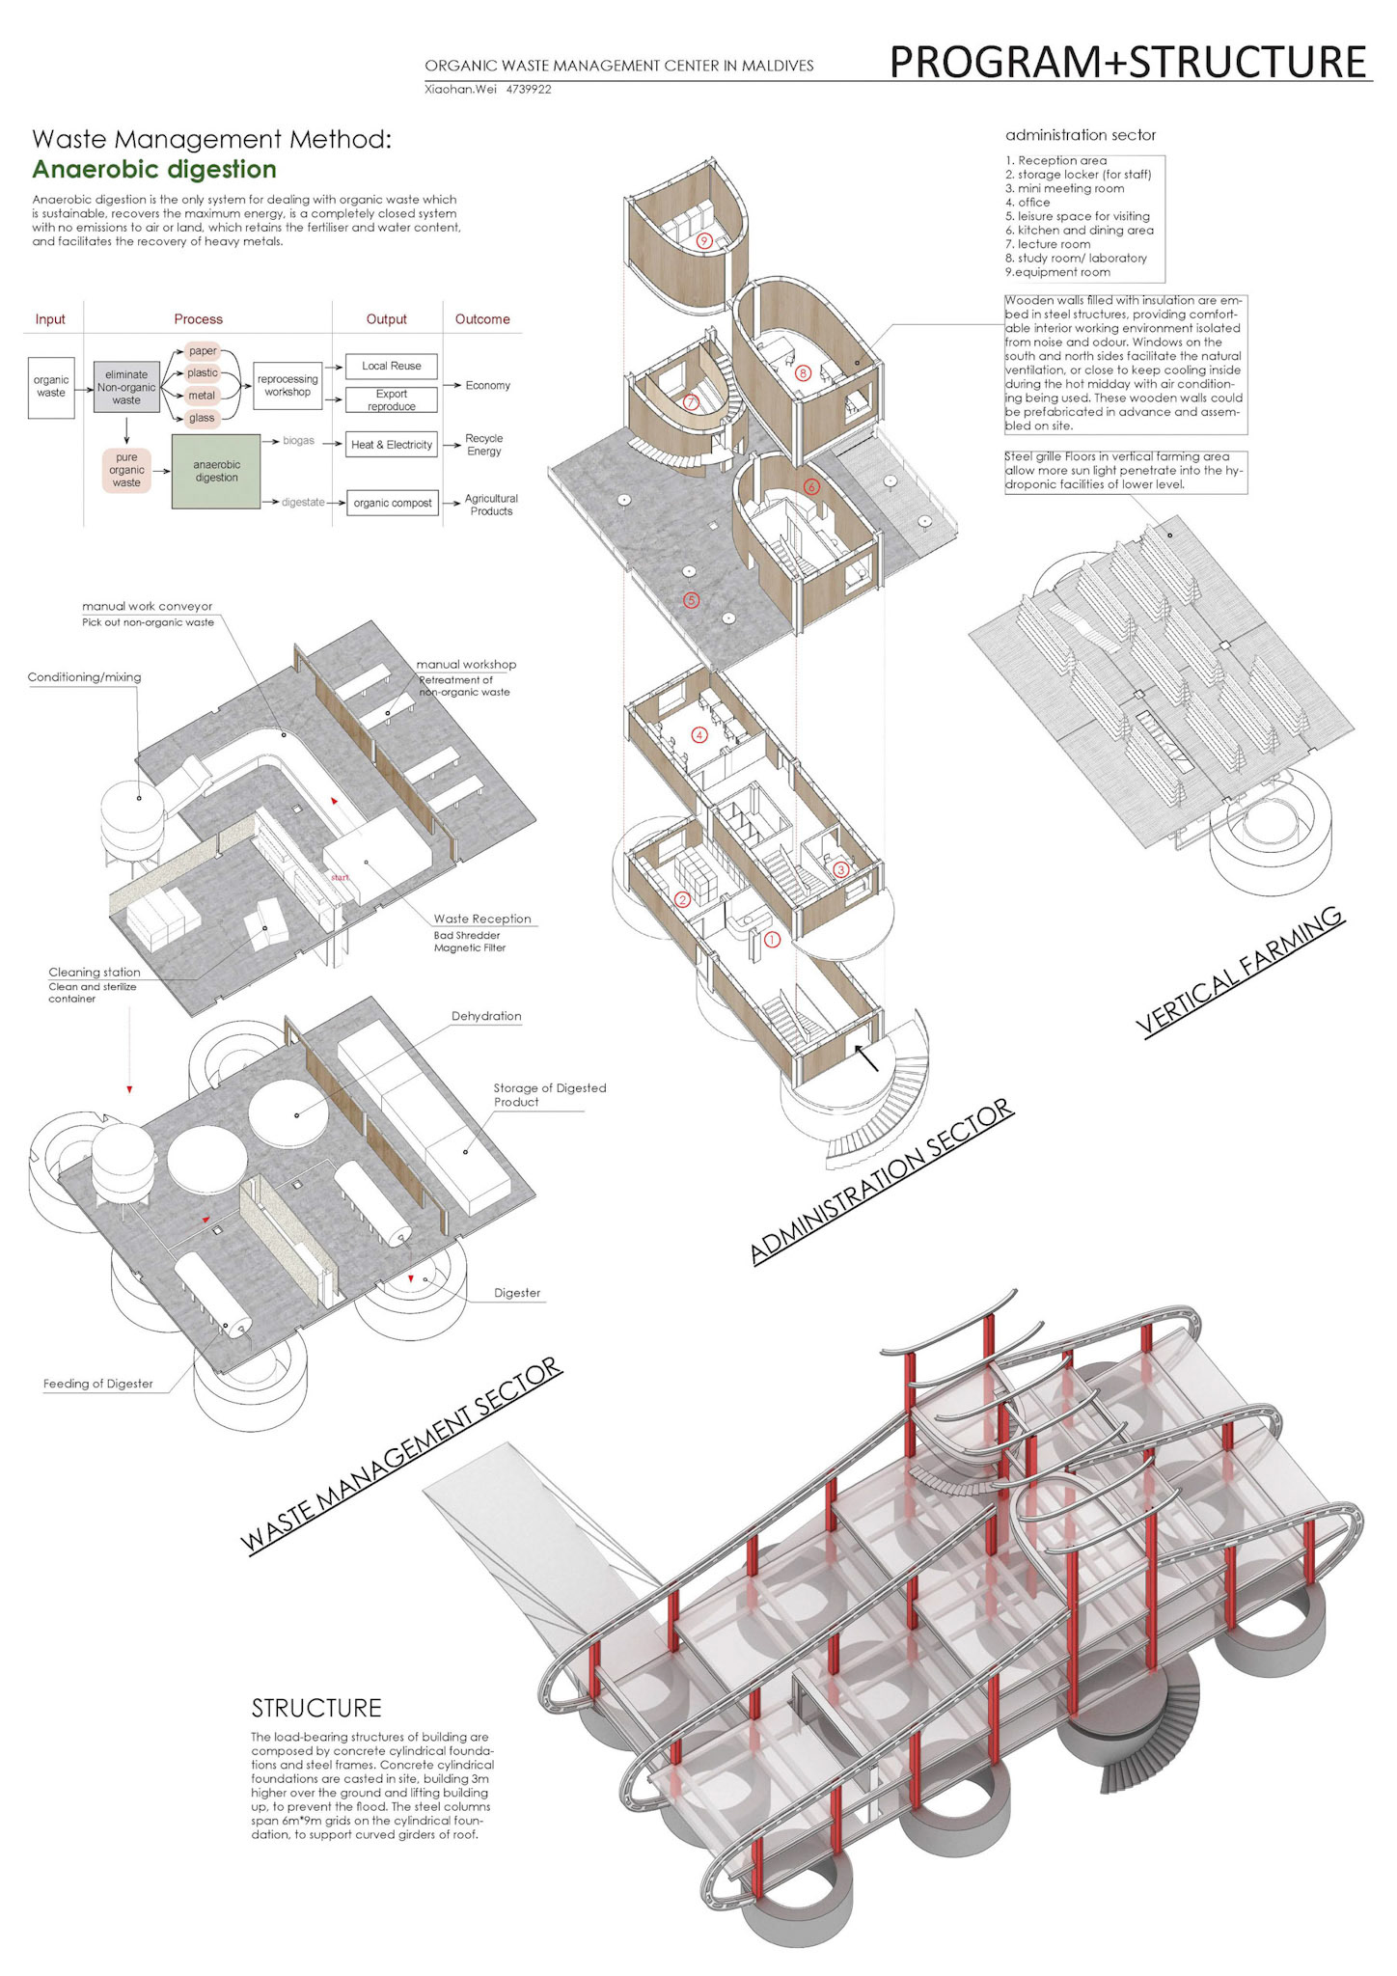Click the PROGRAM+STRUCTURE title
(1127, 62)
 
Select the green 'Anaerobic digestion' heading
(154, 170)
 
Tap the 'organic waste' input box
(51, 386)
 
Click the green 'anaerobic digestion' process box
(216, 471)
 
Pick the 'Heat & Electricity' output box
(391, 445)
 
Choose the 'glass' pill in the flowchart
(202, 418)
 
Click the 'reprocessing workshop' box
(288, 386)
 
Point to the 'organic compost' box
(392, 503)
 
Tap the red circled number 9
(704, 240)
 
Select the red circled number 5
(691, 600)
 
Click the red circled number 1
(772, 939)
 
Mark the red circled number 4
(699, 735)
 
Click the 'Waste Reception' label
(482, 919)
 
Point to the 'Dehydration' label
(486, 1017)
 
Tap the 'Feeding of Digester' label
(98, 1384)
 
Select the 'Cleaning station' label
(95, 973)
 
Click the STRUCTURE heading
(316, 1708)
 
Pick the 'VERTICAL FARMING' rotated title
(1240, 972)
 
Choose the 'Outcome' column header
(482, 319)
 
